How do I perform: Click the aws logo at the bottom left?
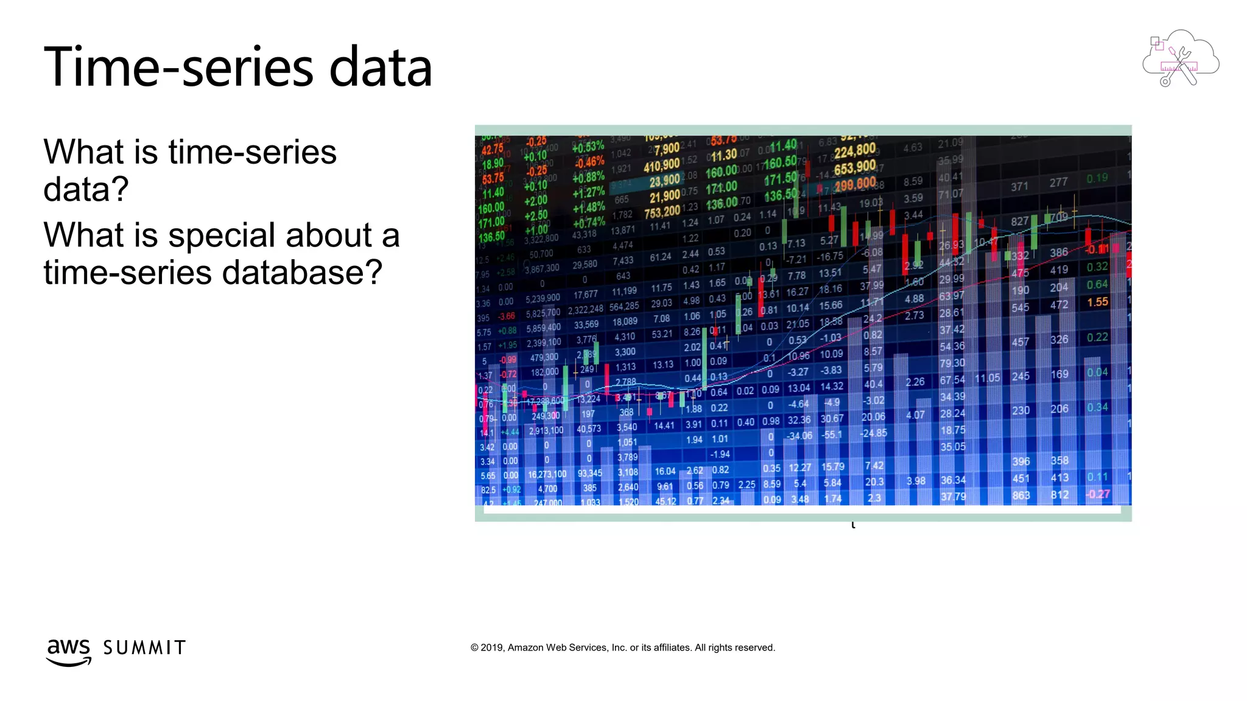(x=69, y=651)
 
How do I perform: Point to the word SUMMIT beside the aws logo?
(x=144, y=647)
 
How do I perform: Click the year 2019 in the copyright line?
(x=491, y=647)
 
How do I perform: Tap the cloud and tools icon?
(x=1180, y=58)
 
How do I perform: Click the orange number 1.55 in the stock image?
(x=1097, y=302)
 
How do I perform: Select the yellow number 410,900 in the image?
(x=661, y=165)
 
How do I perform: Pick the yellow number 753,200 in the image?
(x=662, y=212)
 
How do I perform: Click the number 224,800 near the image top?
(x=855, y=150)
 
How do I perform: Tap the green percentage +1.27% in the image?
(x=588, y=192)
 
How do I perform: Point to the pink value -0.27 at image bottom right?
(x=1098, y=494)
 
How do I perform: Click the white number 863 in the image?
(x=1021, y=495)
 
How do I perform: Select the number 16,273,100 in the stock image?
(x=547, y=474)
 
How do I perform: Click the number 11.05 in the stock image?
(x=987, y=378)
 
